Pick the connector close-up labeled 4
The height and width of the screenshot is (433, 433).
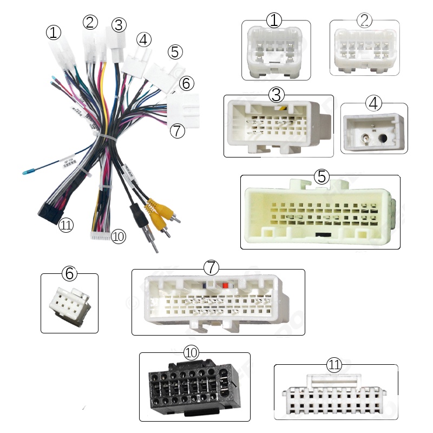coord(374,130)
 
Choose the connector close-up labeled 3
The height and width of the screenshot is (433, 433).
coord(278,127)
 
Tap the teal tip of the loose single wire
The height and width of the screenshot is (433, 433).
coord(26,173)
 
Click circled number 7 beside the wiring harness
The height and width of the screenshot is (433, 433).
coord(177,131)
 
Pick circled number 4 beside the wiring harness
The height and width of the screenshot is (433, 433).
coord(144,40)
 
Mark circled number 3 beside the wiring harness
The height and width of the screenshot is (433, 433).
coord(119,24)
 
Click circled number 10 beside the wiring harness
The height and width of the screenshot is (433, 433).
coord(118,236)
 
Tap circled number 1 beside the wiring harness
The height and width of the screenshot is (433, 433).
coord(54,33)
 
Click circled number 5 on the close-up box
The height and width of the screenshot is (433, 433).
coord(322,176)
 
